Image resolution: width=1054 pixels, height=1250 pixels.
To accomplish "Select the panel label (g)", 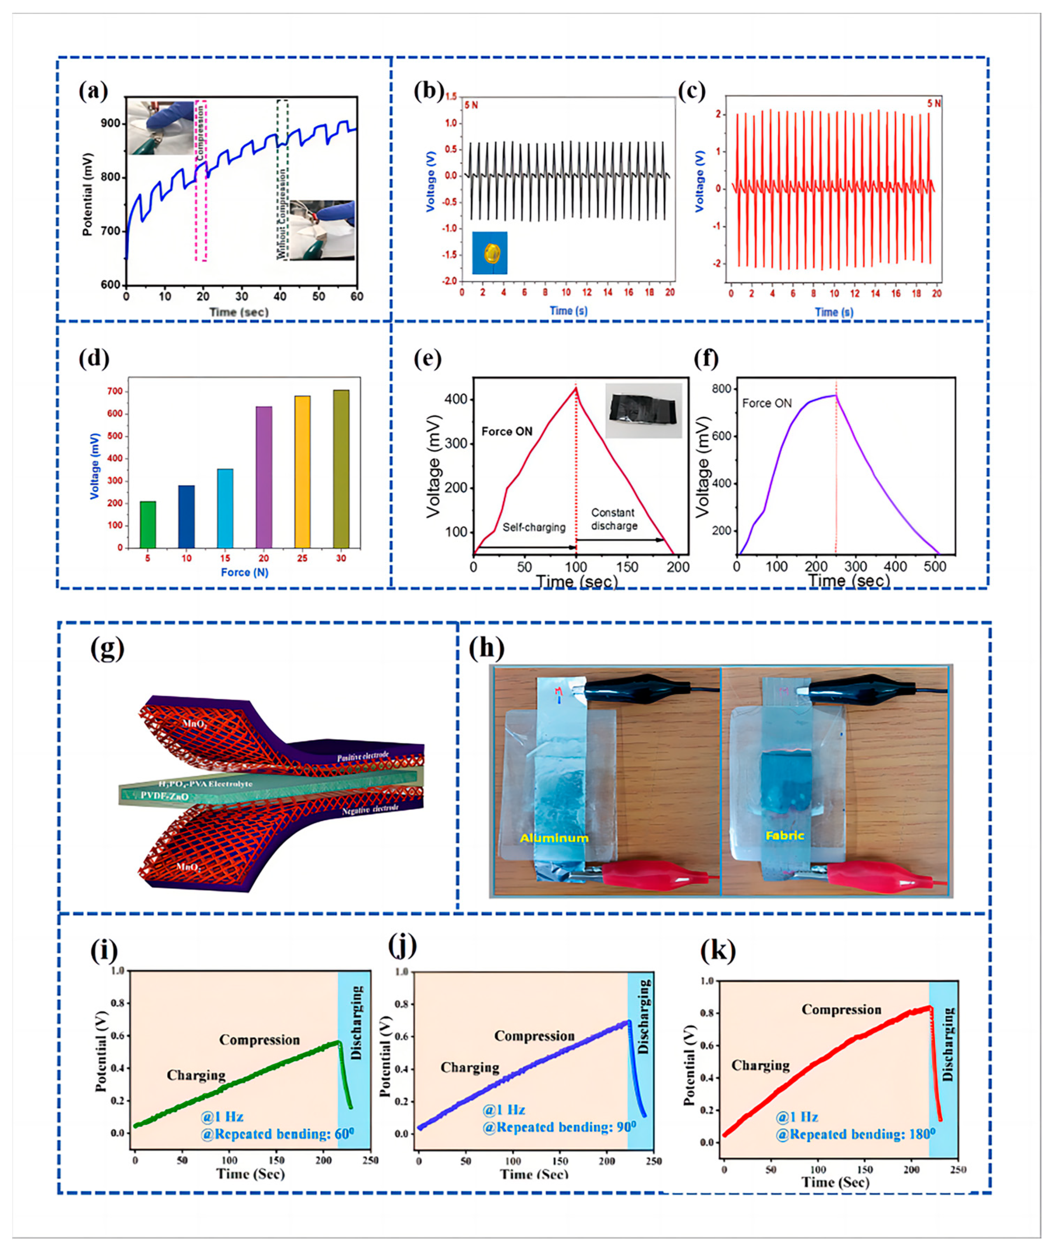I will pos(107,649).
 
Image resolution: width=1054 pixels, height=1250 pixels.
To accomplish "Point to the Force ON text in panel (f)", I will pos(767,404).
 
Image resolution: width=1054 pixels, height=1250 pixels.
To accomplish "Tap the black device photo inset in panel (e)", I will pos(643,411).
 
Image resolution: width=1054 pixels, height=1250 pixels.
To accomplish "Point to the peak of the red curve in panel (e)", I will pos(576,388).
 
